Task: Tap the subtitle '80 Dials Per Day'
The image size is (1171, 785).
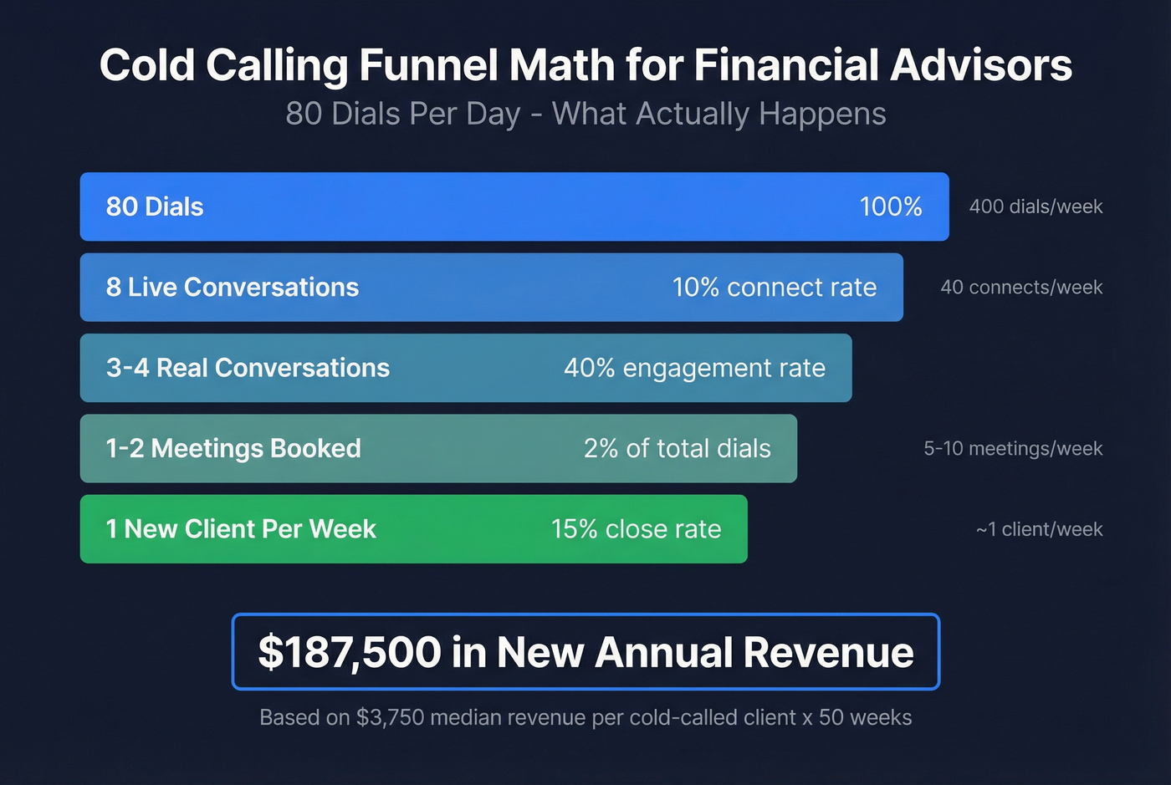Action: pos(403,114)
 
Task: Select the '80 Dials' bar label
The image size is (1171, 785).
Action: pos(155,206)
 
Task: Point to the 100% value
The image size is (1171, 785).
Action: pos(891,206)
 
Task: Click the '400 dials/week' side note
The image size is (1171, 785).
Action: pos(1035,206)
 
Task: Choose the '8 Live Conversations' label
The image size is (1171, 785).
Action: pos(233,288)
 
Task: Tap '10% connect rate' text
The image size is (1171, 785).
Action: pos(775,288)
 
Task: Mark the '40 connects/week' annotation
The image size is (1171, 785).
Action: pos(1021,288)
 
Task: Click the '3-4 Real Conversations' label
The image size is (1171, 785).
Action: pos(248,368)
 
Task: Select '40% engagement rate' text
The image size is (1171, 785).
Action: pos(694,368)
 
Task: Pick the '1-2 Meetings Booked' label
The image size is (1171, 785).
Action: pos(233,449)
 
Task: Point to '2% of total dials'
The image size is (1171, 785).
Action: pos(678,449)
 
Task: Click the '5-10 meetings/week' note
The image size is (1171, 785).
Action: pos(1013,449)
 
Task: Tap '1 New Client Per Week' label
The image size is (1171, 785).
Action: pos(241,529)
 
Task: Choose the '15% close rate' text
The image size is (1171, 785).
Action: pos(636,529)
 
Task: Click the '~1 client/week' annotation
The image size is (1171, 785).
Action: pos(1039,529)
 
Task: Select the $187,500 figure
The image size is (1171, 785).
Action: pos(350,652)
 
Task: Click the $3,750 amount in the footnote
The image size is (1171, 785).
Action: pos(391,717)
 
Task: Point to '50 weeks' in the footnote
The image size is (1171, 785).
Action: pos(865,717)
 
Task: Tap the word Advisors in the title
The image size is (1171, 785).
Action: pos(981,65)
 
